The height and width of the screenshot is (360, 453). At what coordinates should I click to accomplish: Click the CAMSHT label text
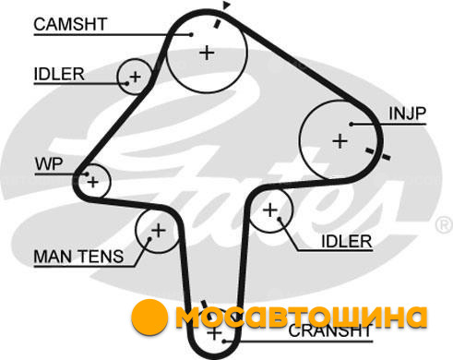click(70, 24)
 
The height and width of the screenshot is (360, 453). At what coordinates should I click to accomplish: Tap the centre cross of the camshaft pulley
click(207, 53)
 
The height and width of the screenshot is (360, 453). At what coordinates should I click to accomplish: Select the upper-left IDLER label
click(59, 74)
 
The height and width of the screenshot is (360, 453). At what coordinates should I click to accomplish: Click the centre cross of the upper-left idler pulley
click(135, 77)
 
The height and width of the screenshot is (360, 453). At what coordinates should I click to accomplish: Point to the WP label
click(49, 164)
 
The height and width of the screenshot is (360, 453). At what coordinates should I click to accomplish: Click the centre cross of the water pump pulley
click(92, 182)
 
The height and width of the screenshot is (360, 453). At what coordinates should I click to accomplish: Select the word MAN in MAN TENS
click(54, 257)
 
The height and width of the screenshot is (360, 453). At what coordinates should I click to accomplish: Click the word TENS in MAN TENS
click(101, 257)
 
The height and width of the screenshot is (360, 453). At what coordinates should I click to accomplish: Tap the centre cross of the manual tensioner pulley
click(159, 230)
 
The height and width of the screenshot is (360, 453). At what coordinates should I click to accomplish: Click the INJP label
click(408, 114)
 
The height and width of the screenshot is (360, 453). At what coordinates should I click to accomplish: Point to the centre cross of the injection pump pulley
click(340, 141)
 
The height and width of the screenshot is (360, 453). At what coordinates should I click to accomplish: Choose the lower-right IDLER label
click(347, 241)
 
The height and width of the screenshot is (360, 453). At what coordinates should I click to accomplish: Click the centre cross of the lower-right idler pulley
click(270, 210)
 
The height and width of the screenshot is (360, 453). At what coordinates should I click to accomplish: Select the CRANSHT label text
click(330, 331)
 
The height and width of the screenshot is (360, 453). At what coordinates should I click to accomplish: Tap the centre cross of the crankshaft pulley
click(214, 333)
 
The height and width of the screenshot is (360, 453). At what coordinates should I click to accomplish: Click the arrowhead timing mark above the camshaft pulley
click(226, 5)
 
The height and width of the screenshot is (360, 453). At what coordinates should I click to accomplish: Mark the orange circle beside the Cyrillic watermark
click(149, 318)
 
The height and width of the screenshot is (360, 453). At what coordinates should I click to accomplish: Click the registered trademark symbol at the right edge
click(444, 224)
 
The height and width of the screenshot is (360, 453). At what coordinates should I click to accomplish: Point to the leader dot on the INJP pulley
click(352, 125)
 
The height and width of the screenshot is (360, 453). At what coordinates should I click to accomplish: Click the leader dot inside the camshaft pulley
click(191, 35)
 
